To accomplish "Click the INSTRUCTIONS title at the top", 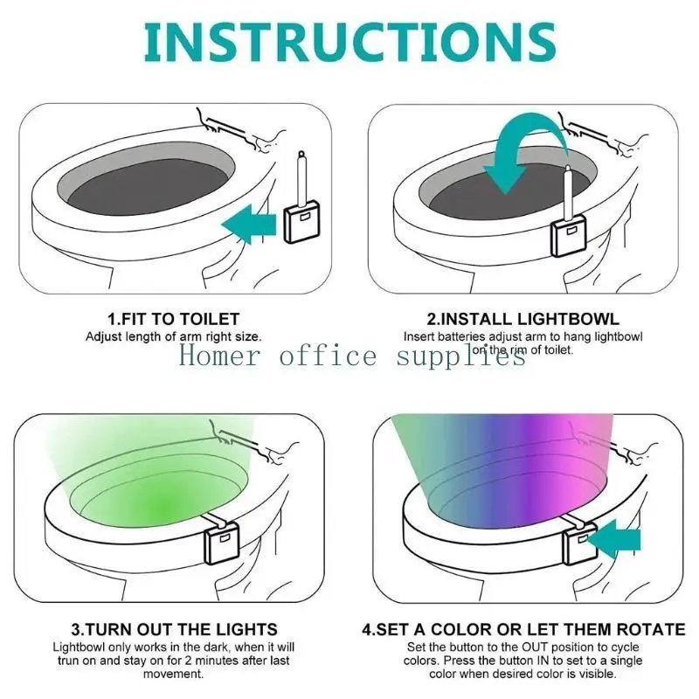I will (x=349, y=41).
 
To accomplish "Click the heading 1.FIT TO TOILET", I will (x=173, y=319).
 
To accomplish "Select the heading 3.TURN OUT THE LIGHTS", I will (x=173, y=629).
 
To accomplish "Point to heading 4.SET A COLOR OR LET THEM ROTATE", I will (x=524, y=629).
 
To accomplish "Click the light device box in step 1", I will (x=302, y=225).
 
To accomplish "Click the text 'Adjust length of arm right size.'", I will (x=173, y=336).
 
